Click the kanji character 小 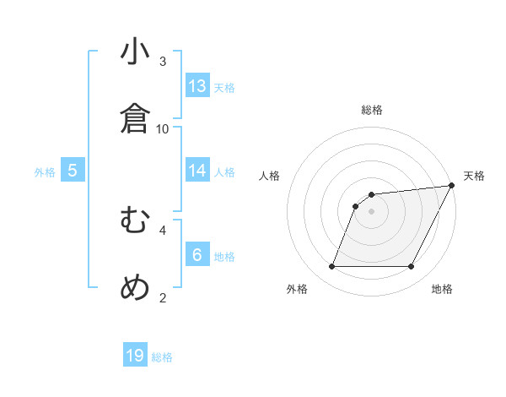click(x=135, y=52)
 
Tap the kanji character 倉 click(x=135, y=119)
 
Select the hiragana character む click(x=135, y=220)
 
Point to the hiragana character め click(x=135, y=287)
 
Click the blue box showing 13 click(x=197, y=86)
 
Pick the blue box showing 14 click(x=197, y=171)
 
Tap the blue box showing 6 click(x=197, y=254)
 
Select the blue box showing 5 click(x=73, y=171)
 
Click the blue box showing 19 click(x=135, y=356)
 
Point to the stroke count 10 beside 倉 click(x=163, y=128)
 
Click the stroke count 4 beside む click(x=163, y=229)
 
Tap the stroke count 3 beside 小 click(x=163, y=62)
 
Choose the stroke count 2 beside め click(x=163, y=296)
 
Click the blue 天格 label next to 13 click(x=224, y=88)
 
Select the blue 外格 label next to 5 click(x=45, y=172)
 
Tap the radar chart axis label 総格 click(x=371, y=110)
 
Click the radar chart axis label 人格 click(x=270, y=176)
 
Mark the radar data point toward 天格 click(x=452, y=186)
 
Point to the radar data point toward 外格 click(x=331, y=267)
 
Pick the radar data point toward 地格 click(x=411, y=267)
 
